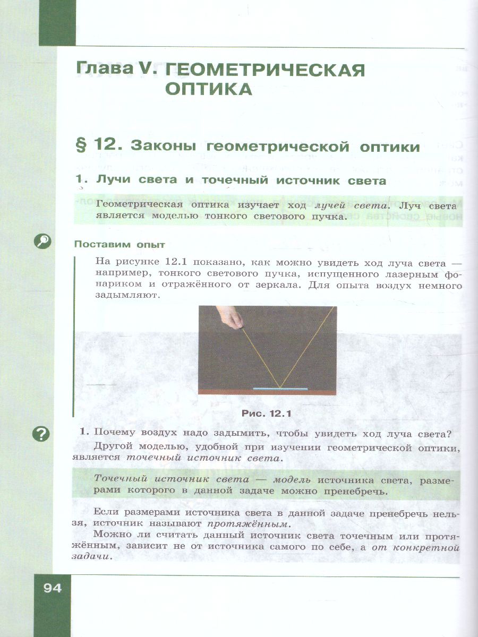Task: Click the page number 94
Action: pos(53,588)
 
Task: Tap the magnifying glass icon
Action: pos(42,242)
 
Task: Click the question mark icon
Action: pos(41,434)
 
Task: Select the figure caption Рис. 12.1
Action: pos(267,412)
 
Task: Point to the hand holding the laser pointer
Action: pos(230,318)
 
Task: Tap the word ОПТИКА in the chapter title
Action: pos(209,89)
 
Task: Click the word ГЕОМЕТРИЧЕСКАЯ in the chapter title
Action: pos(265,69)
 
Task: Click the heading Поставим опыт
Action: pos(120,245)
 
